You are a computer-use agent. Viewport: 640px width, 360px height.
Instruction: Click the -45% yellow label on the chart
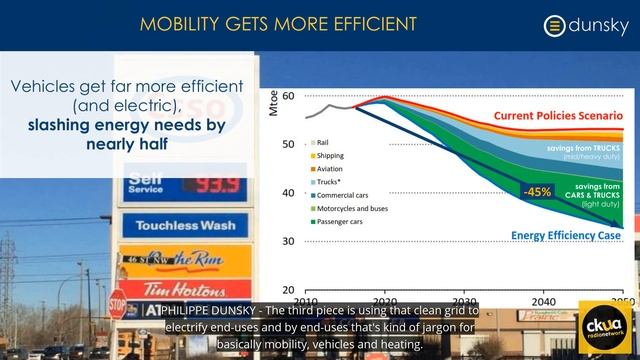point(537,191)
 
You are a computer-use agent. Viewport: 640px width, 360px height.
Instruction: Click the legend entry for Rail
point(328,142)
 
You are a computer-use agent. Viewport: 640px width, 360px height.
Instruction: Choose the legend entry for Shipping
point(336,156)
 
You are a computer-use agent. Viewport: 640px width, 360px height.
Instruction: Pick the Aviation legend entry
point(335,170)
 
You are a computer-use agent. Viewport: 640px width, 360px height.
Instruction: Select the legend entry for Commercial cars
point(346,197)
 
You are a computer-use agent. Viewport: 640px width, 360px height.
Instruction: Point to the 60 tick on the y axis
point(287,96)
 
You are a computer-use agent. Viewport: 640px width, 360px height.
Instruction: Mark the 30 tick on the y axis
point(287,241)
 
